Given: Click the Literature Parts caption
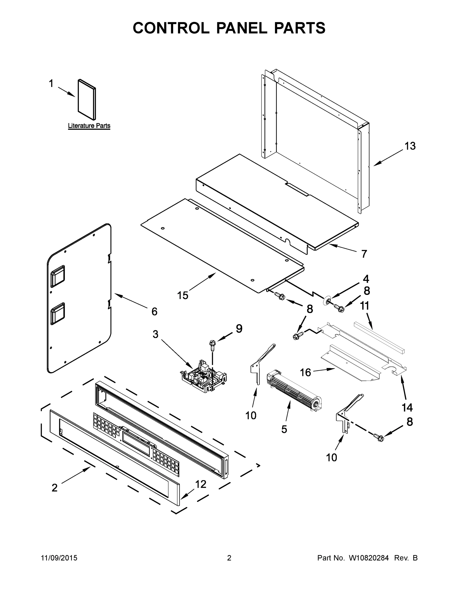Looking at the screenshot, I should [89, 126].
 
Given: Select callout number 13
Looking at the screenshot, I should [410, 146].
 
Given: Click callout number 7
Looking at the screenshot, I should [364, 254].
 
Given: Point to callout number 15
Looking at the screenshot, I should [183, 296].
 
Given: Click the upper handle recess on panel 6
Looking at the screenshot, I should [58, 276].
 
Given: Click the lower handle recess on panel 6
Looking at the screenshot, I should [58, 314].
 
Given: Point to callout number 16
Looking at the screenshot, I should [305, 373].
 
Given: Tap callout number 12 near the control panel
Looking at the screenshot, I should [201, 484].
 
